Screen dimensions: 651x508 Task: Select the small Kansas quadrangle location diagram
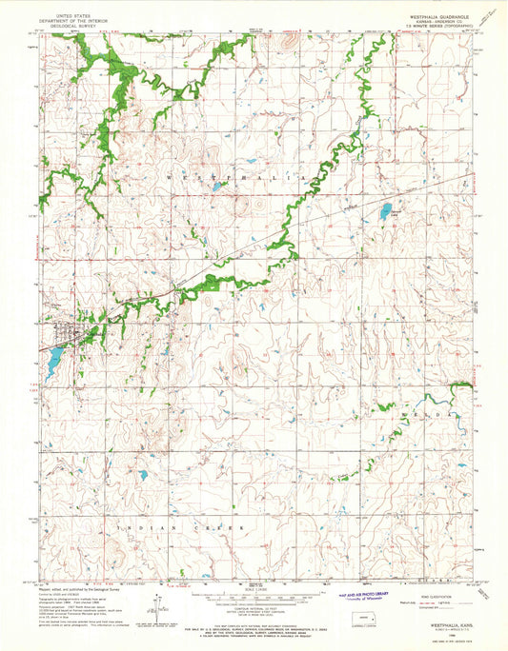tap(361, 619)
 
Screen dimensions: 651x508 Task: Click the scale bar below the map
tap(254, 597)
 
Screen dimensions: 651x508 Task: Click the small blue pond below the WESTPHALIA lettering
tap(217, 187)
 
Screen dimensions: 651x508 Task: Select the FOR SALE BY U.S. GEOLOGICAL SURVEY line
tap(254, 620)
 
